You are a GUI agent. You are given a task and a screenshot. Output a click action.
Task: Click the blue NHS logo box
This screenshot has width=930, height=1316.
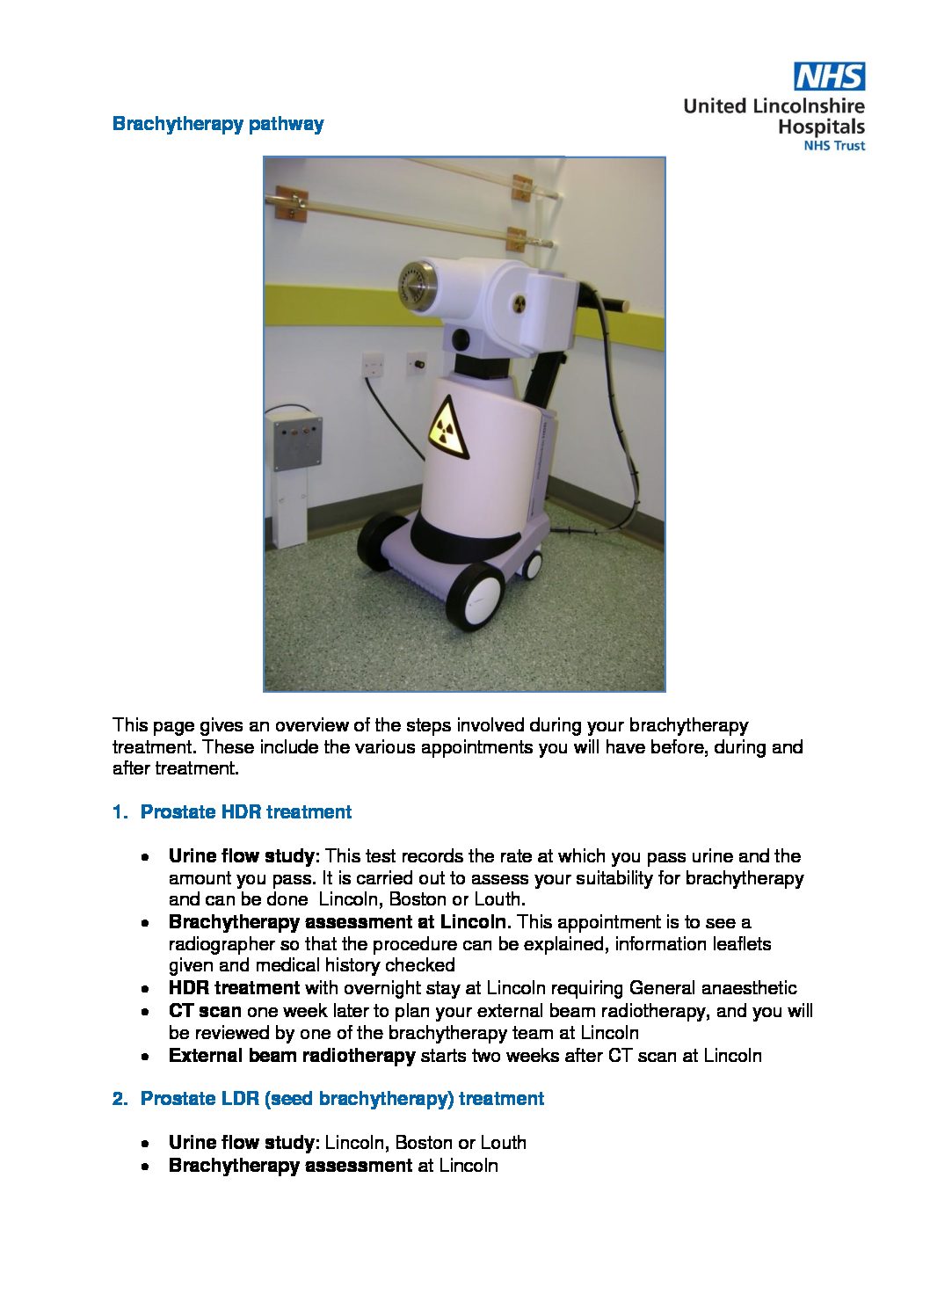click(x=829, y=76)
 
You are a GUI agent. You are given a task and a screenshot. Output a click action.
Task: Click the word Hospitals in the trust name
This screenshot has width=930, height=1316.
click(x=821, y=127)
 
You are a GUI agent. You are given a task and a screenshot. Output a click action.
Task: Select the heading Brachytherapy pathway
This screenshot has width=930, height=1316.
click(x=218, y=124)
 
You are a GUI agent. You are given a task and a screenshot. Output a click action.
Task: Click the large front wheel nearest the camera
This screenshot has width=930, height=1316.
click(x=476, y=597)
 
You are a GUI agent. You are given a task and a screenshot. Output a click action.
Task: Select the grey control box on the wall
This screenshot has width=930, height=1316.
click(x=294, y=440)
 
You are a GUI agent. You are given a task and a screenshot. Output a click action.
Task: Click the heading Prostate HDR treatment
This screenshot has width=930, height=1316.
click(x=246, y=812)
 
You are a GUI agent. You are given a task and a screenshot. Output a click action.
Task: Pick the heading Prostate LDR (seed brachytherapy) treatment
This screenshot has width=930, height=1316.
click(x=342, y=1099)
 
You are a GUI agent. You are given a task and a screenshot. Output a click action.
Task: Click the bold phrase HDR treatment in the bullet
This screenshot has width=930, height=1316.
click(x=234, y=988)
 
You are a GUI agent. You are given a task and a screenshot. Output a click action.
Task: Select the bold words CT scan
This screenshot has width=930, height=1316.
click(x=205, y=1011)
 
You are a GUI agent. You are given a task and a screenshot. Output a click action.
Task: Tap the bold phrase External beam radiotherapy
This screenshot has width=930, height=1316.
click(x=292, y=1056)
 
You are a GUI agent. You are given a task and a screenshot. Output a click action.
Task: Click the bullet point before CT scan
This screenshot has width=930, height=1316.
click(x=145, y=1013)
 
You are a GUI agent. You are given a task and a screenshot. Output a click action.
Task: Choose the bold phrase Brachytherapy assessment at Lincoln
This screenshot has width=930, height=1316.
click(x=338, y=922)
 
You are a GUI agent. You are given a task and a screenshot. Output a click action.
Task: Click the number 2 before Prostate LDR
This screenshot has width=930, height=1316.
click(x=119, y=1099)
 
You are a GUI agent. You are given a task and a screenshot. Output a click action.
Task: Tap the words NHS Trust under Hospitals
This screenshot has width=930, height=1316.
click(x=834, y=146)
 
